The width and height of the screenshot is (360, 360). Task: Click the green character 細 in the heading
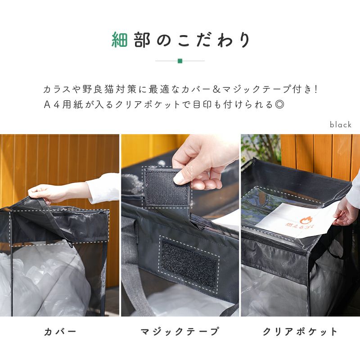(120, 40)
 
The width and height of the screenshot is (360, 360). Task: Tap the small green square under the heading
(180, 61)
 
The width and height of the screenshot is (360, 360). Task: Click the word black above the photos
(341, 125)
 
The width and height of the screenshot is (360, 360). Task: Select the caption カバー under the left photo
(60, 332)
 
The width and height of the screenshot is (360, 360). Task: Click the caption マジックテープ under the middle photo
(180, 332)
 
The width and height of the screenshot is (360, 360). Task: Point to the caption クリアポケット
(300, 332)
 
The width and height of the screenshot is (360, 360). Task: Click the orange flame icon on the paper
(305, 221)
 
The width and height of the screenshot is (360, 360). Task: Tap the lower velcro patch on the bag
(189, 264)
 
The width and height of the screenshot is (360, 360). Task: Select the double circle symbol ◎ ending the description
(279, 105)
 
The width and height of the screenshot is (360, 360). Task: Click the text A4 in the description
(52, 105)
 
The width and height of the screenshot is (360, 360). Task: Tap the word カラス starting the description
(57, 89)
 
